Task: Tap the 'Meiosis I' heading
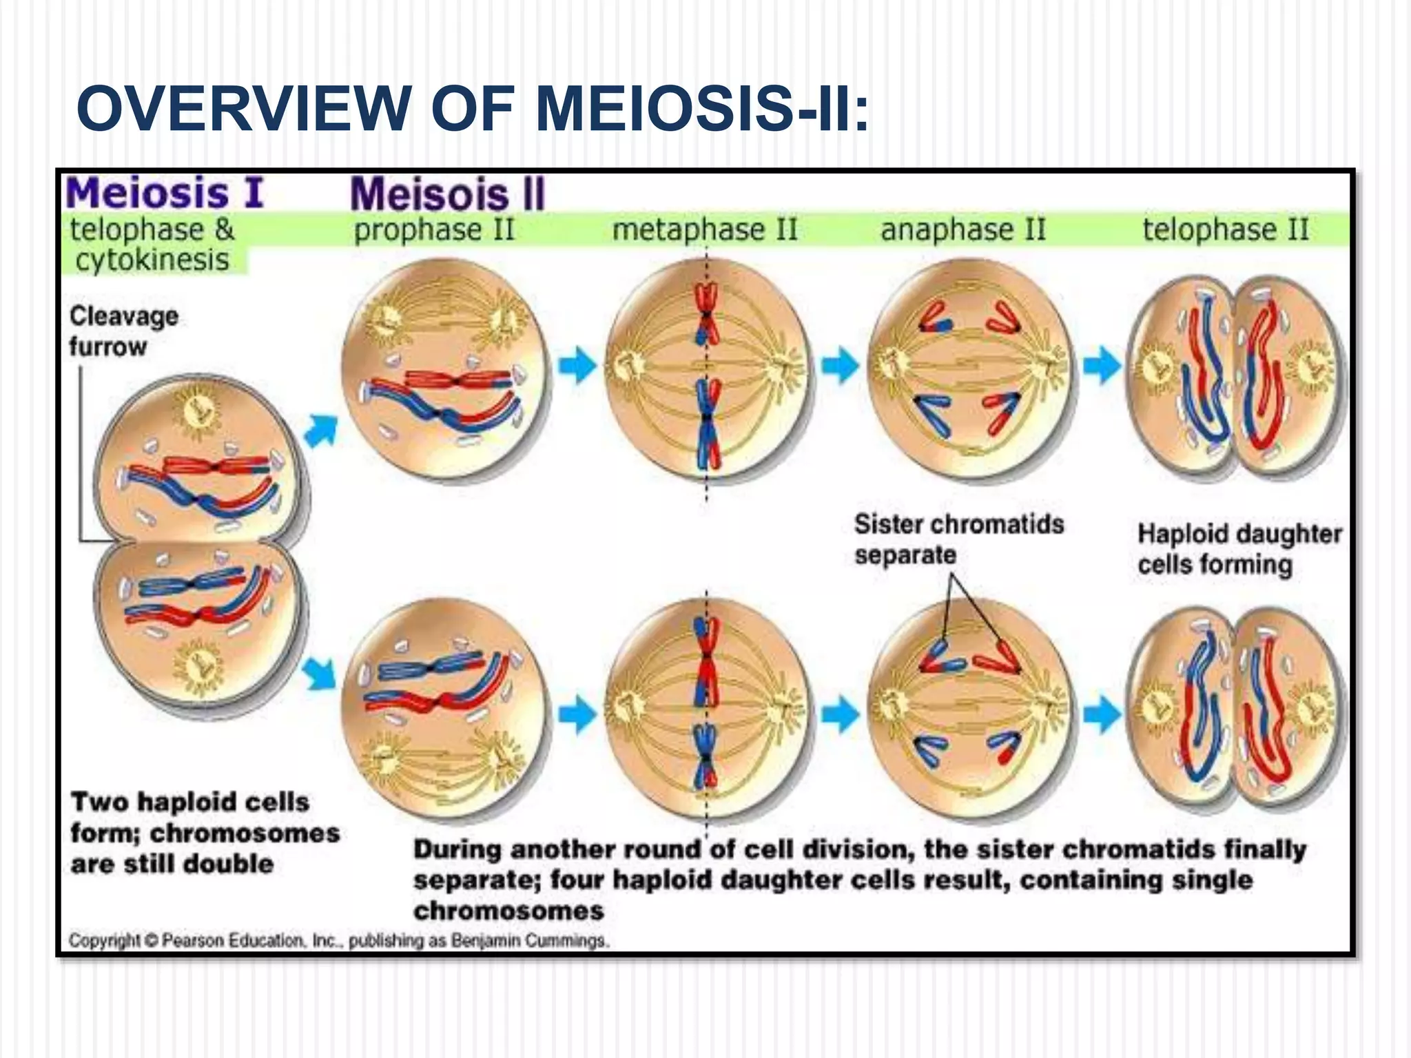165,193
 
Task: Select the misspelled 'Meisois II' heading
448,194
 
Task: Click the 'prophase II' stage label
434,229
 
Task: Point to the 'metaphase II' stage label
704,229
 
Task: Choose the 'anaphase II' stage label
963,229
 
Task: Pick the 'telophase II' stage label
1226,229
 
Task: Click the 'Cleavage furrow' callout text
124,331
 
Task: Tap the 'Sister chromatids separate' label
958,539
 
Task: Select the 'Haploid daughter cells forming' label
1239,549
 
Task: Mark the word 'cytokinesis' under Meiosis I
152,260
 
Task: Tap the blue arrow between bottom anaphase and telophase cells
1102,713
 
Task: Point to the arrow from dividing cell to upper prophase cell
321,431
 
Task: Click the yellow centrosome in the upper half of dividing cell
198,413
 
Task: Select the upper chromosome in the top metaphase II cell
706,314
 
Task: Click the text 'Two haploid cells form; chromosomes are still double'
205,833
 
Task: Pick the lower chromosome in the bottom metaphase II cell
706,758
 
